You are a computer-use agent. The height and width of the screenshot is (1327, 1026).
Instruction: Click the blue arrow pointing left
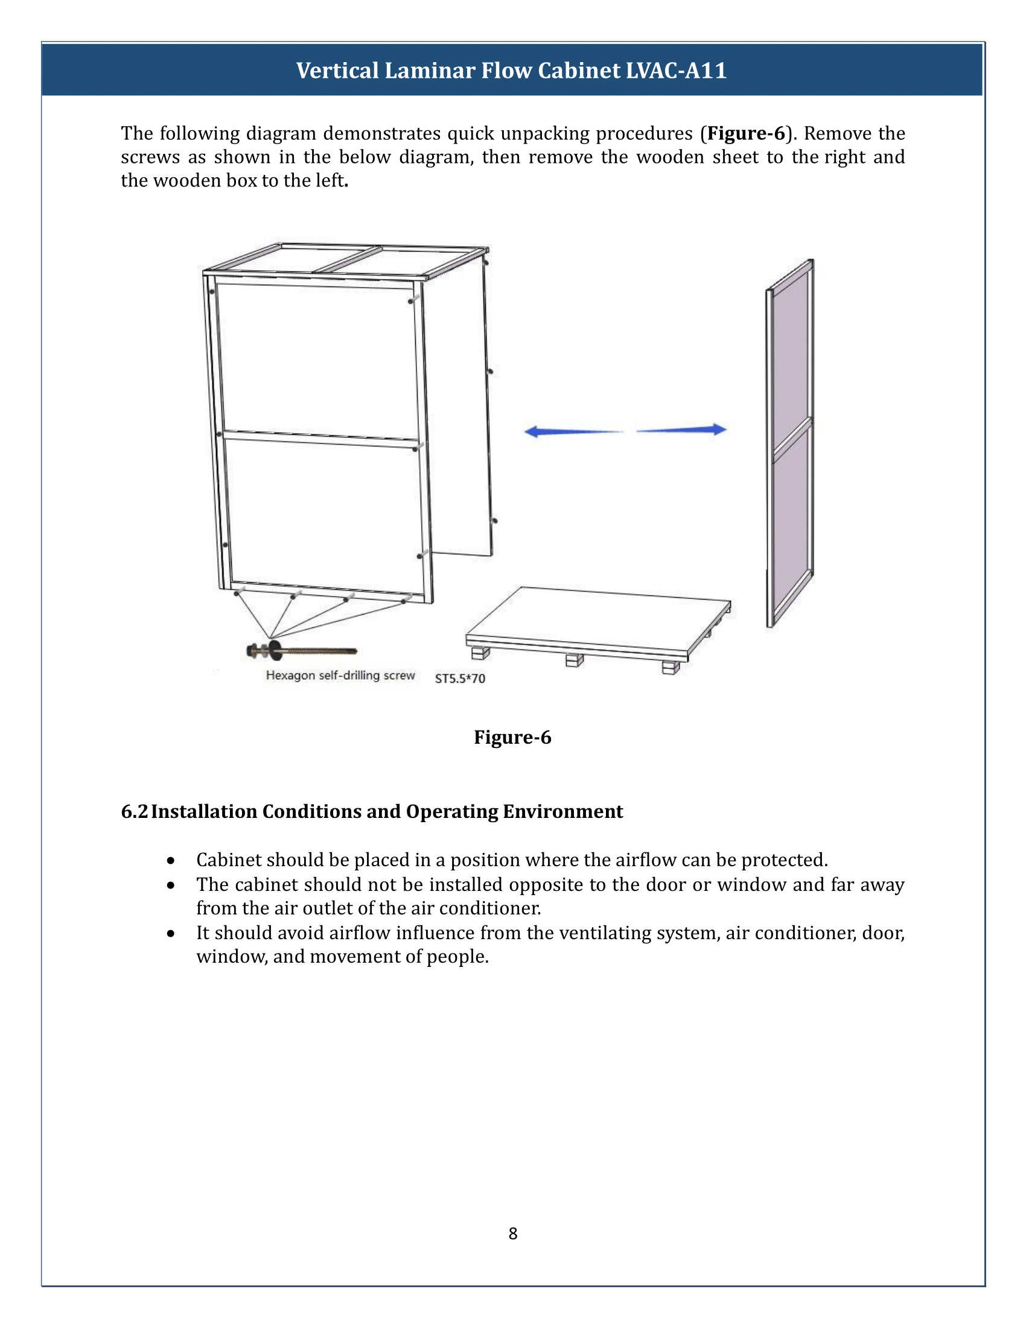click(572, 431)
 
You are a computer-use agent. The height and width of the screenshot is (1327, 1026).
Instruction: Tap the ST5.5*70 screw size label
click(460, 679)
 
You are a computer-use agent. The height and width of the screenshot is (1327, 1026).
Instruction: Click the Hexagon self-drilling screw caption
click(340, 676)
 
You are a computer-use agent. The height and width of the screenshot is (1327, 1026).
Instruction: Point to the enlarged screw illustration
click(301, 651)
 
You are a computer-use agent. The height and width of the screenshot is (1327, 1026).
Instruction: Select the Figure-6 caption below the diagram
click(512, 737)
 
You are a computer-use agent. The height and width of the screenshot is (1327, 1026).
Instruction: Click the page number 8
click(513, 1234)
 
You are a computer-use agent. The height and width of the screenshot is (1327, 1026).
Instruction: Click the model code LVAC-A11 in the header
click(676, 71)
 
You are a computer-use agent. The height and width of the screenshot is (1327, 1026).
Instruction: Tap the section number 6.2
click(134, 812)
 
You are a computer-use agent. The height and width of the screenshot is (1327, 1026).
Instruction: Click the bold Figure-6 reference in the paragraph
click(747, 133)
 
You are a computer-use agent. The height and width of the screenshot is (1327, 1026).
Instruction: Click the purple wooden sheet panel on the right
click(790, 443)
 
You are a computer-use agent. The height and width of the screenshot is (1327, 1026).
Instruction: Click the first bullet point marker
click(171, 861)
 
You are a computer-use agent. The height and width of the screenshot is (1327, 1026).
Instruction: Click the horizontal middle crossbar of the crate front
click(321, 439)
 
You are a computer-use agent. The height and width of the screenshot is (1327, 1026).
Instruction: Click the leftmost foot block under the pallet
click(480, 653)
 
